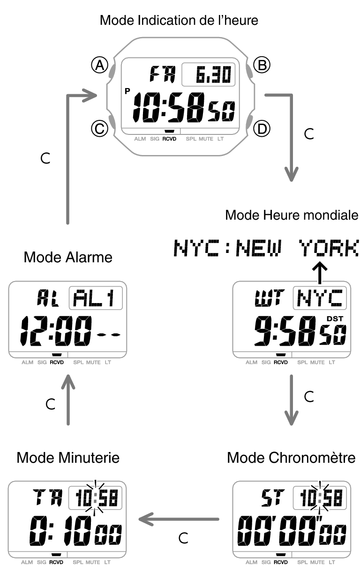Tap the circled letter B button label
tap(262, 66)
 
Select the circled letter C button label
tap(99, 128)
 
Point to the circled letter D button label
tap(262, 128)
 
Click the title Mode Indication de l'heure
tap(179, 21)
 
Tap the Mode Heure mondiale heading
tap(292, 215)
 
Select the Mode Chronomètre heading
tap(291, 458)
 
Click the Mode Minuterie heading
tap(68, 458)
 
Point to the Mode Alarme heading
tap(68, 257)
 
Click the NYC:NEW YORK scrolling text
tap(266, 248)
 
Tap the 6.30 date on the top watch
tap(209, 75)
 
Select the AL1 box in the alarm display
tap(96, 298)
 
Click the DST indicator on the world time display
tap(335, 319)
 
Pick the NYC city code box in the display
tap(320, 298)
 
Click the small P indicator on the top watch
tap(127, 91)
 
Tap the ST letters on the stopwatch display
tap(271, 498)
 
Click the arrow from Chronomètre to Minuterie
tap(179, 519)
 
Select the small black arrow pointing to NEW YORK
tap(320, 273)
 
